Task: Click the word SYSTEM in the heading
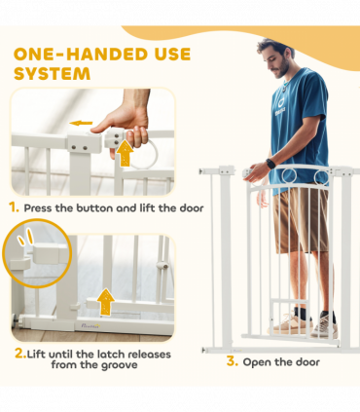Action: click(x=52, y=74)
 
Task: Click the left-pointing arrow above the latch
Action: click(x=81, y=123)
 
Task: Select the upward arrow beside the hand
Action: click(x=125, y=153)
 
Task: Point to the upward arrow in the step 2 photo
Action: click(x=106, y=302)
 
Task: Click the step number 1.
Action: click(x=14, y=207)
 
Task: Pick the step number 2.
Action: click(x=20, y=354)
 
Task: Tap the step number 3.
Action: click(x=232, y=361)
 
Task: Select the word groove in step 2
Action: click(x=120, y=365)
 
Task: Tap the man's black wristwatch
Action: click(x=270, y=164)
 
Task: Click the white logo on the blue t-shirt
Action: click(x=280, y=106)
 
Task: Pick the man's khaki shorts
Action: click(x=300, y=219)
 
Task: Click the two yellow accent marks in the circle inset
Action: click(x=25, y=237)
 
